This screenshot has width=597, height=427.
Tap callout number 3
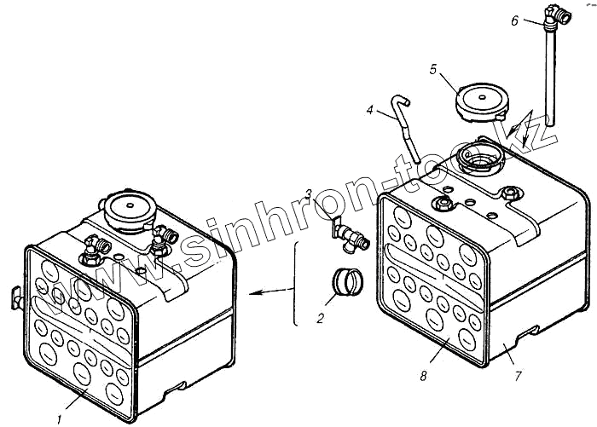[x=310, y=193]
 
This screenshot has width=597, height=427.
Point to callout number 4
[x=370, y=109]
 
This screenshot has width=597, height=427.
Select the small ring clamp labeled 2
[x=345, y=282]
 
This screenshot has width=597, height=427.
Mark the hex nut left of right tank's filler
[x=443, y=204]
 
